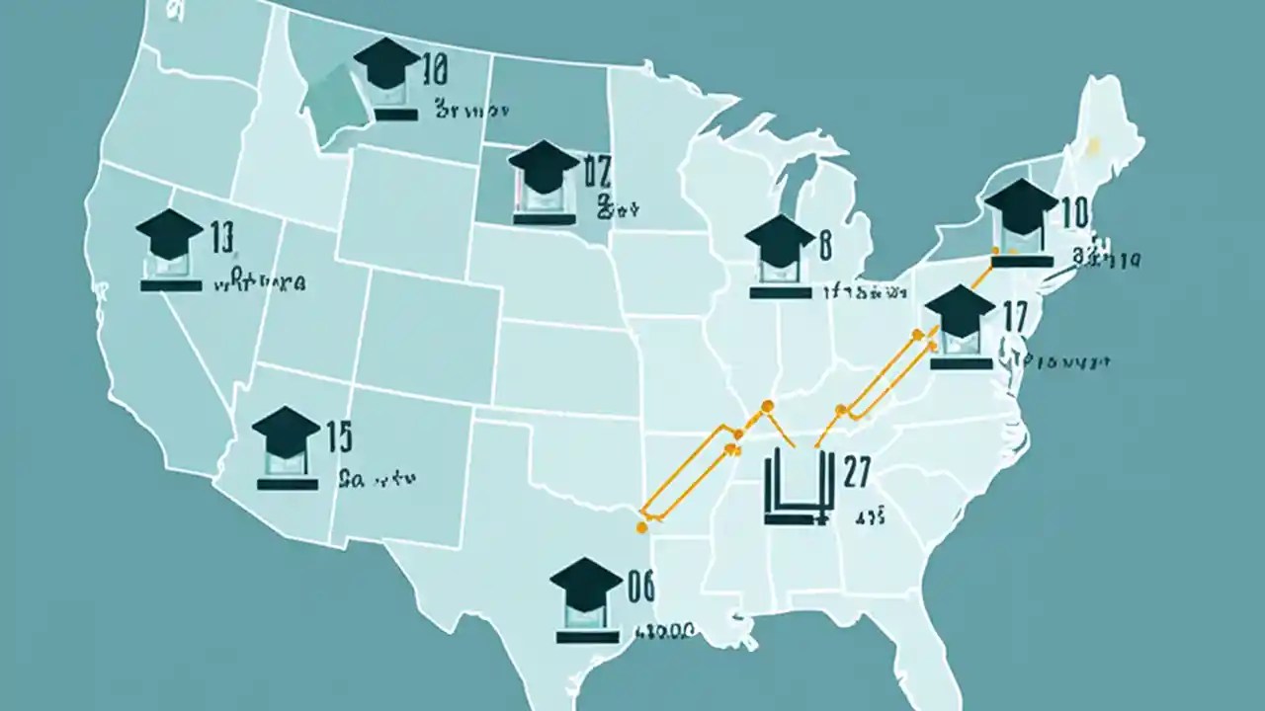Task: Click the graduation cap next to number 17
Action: tap(961, 309)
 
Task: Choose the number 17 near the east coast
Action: tap(1015, 316)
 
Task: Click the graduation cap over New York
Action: tap(1022, 204)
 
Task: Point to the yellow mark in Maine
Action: tap(1093, 147)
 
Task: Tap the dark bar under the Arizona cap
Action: tap(287, 484)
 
